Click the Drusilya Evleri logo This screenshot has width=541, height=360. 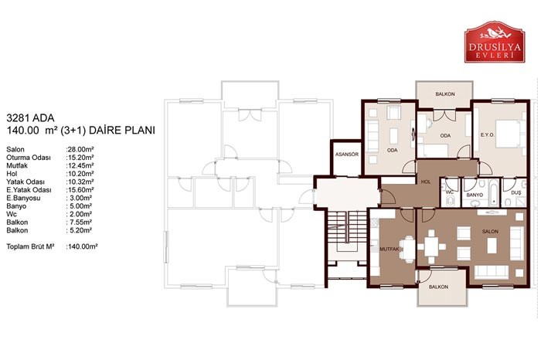[495, 42]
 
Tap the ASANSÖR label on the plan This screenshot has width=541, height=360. [347, 155]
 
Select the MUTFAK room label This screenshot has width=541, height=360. [390, 249]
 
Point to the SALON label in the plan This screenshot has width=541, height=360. [490, 232]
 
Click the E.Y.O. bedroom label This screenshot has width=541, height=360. [487, 135]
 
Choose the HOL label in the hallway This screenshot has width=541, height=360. [426, 182]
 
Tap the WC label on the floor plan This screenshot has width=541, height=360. [449, 192]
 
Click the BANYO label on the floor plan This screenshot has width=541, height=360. [475, 195]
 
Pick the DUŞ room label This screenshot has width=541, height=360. [515, 193]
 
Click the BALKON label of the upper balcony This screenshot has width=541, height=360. [444, 93]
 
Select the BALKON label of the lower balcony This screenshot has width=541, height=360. [438, 287]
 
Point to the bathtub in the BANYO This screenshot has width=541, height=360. [493, 193]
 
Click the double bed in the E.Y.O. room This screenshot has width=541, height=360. [509, 134]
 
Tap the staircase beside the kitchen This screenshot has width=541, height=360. [347, 228]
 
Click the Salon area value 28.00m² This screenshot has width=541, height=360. [80, 149]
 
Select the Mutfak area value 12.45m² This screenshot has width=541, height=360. [80, 165]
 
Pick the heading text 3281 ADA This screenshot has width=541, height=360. [30, 118]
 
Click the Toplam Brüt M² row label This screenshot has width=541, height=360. [30, 246]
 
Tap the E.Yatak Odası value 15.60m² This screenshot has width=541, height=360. [80, 189]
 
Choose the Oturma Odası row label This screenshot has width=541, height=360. [29, 158]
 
